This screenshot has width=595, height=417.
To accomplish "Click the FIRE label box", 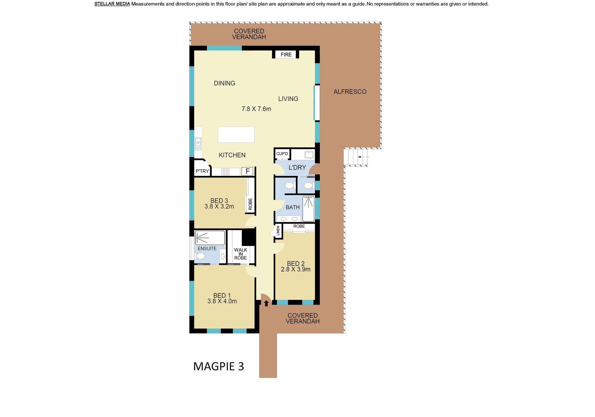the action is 286,55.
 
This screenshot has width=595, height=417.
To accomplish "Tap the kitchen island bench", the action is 236,134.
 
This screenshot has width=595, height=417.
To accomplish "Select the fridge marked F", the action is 247,171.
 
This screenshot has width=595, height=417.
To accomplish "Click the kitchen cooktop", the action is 226,172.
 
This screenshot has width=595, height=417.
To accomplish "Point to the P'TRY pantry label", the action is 202,171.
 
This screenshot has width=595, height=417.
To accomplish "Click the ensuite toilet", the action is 200,256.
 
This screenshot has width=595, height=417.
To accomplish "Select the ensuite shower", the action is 210,238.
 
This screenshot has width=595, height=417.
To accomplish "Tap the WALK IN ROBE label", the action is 240,254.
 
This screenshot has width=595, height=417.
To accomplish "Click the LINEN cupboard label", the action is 278,231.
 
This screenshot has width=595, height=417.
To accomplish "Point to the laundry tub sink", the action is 309,154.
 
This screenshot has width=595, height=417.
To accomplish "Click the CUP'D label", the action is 282,154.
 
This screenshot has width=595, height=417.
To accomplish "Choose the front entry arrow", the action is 266,303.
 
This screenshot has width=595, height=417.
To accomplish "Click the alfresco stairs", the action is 356,157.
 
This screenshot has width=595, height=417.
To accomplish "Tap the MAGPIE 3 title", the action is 218,367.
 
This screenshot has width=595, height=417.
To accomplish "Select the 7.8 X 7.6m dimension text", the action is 256,109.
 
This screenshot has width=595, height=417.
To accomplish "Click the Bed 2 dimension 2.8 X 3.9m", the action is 296,270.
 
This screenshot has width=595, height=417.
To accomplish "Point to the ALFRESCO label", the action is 350,92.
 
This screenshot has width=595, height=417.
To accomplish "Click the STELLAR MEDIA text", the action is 112,4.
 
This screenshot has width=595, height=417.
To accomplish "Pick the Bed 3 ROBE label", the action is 250,204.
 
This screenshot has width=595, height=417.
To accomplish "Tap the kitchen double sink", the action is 198,144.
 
